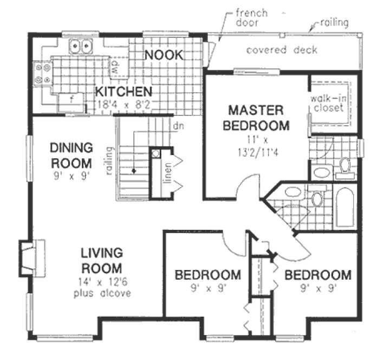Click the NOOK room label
(x=163, y=54)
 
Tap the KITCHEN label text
(x=123, y=91)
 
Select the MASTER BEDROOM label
(x=256, y=118)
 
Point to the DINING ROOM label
(x=71, y=155)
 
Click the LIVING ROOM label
(x=101, y=260)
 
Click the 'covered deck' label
(x=282, y=50)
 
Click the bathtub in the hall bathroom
(x=344, y=208)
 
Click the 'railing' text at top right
(x=334, y=23)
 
